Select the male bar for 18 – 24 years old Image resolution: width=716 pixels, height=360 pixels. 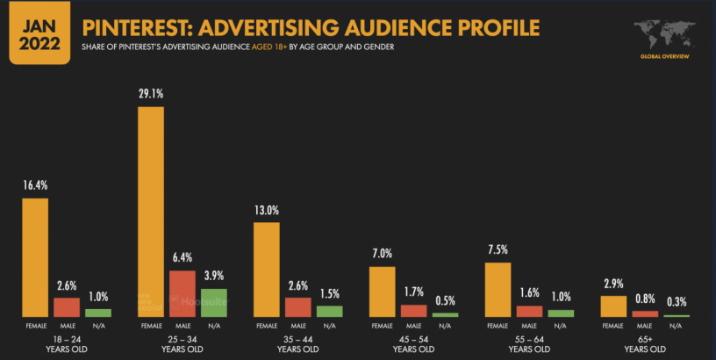click(x=67, y=307)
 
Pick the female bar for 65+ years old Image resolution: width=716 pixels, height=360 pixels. click(x=613, y=306)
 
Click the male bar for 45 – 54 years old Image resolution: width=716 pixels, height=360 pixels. click(x=413, y=311)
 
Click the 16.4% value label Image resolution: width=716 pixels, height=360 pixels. click(x=35, y=186)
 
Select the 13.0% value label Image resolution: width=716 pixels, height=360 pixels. click(x=267, y=211)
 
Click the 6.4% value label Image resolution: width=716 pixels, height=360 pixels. click(x=182, y=258)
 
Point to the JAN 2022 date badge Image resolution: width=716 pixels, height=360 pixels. click(x=38, y=32)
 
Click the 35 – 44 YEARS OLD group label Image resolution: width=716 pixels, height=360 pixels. click(x=297, y=344)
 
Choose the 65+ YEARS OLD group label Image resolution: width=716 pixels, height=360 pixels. click(x=645, y=344)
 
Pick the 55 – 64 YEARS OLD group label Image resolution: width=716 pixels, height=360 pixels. click(x=529, y=344)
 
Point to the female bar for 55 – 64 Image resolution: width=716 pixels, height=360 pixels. click(x=498, y=290)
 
